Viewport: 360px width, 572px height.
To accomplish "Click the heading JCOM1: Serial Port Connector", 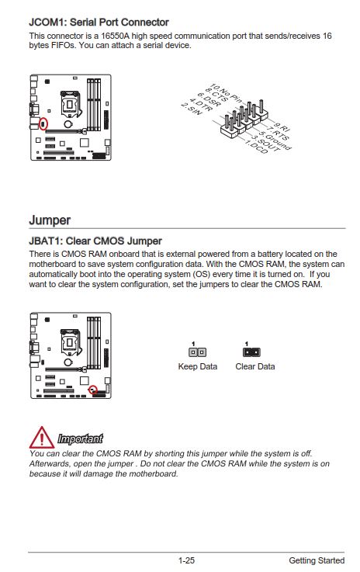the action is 99,23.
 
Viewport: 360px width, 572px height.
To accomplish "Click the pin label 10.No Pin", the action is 227,94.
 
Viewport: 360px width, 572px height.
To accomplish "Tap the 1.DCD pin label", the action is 256,147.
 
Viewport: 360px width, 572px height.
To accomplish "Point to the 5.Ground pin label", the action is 275,140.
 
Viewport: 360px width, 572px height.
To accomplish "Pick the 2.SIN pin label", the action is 192,109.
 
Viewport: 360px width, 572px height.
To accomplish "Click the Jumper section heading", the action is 50,220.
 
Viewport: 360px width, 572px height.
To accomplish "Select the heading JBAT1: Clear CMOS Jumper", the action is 95,241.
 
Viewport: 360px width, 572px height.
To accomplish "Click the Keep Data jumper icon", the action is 197,352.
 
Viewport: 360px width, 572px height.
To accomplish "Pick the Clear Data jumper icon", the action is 251,352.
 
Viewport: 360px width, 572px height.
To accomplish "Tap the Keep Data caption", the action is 197,366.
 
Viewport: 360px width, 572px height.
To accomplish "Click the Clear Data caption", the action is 255,366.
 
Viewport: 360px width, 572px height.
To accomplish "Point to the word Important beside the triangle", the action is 80,439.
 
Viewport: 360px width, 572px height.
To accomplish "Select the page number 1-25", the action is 186,560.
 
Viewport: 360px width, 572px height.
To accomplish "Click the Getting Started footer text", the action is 317,560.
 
